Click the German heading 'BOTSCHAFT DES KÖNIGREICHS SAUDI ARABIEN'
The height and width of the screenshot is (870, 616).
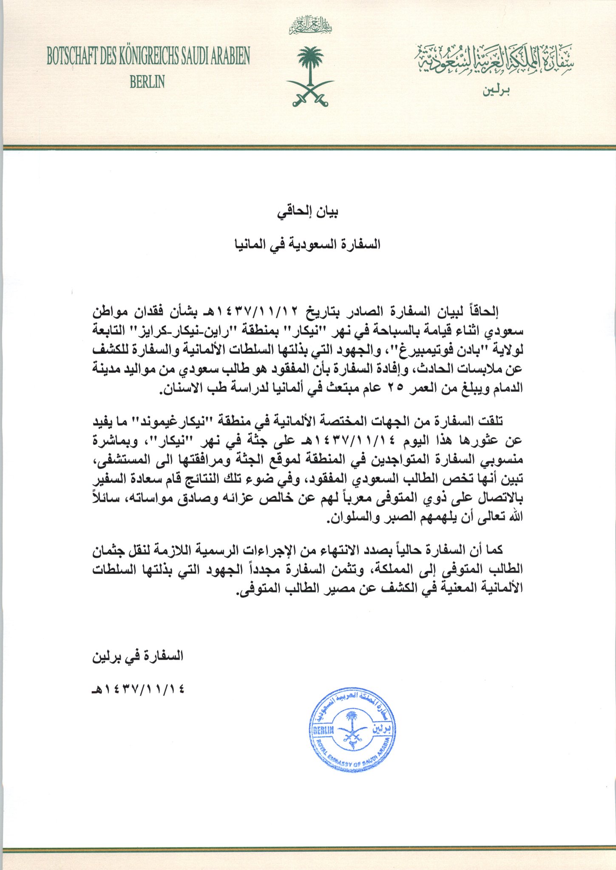(148, 56)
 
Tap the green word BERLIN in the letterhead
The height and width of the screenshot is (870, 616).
(147, 82)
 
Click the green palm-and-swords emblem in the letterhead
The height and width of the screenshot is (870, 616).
(310, 77)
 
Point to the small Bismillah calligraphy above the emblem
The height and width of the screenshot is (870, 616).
(310, 26)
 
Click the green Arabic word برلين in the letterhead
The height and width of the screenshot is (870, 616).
(496, 91)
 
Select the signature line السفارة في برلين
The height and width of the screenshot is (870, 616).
(138, 656)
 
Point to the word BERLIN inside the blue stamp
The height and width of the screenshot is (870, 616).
(324, 731)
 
